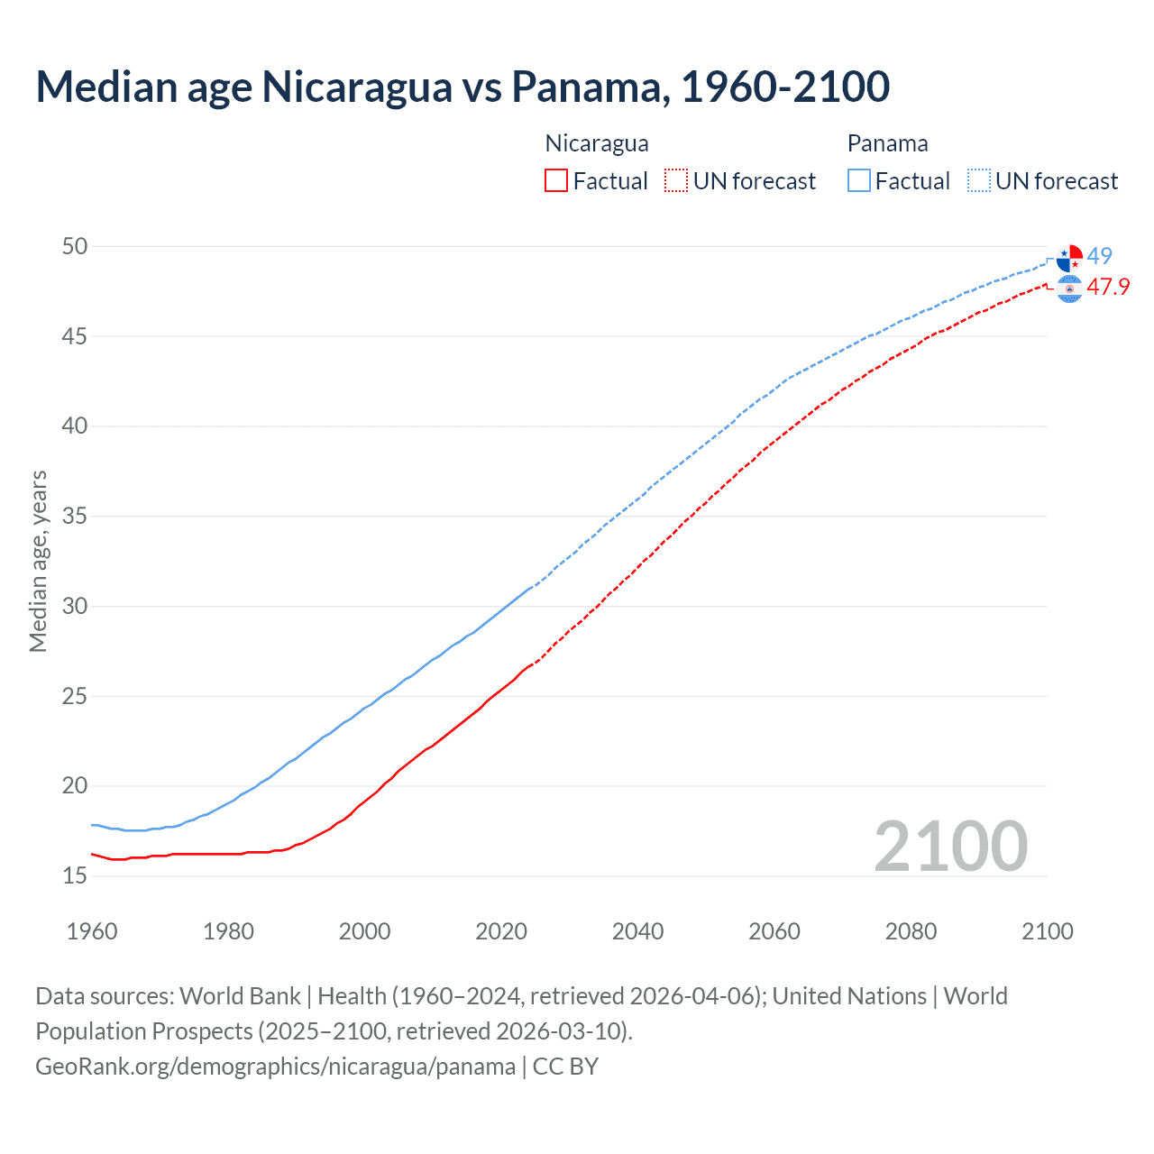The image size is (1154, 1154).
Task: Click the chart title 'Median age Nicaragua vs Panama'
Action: click(463, 87)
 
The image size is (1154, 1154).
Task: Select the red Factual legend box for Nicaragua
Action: click(556, 180)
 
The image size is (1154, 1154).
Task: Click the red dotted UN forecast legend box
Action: click(676, 180)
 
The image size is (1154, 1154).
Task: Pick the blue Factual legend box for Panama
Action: click(859, 180)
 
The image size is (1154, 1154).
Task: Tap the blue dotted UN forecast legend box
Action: click(979, 180)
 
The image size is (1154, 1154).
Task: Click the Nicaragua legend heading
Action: click(597, 143)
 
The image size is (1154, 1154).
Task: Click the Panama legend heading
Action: click(887, 143)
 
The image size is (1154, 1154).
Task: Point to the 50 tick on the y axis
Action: click(75, 246)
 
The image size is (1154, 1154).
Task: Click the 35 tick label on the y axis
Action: click(75, 517)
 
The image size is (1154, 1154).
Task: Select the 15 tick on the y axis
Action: click(75, 875)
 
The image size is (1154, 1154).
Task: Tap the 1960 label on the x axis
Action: click(92, 931)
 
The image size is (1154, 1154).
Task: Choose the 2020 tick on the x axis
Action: click(501, 931)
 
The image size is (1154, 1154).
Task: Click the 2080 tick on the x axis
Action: click(911, 931)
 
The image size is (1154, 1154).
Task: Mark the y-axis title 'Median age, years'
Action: click(38, 561)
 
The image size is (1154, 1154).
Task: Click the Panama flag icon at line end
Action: click(1069, 258)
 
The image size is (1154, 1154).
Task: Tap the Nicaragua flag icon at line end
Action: click(1069, 288)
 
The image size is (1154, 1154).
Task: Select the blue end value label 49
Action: click(1100, 256)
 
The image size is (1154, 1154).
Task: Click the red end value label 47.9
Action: click(1108, 287)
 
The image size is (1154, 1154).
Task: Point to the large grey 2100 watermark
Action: click(951, 846)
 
